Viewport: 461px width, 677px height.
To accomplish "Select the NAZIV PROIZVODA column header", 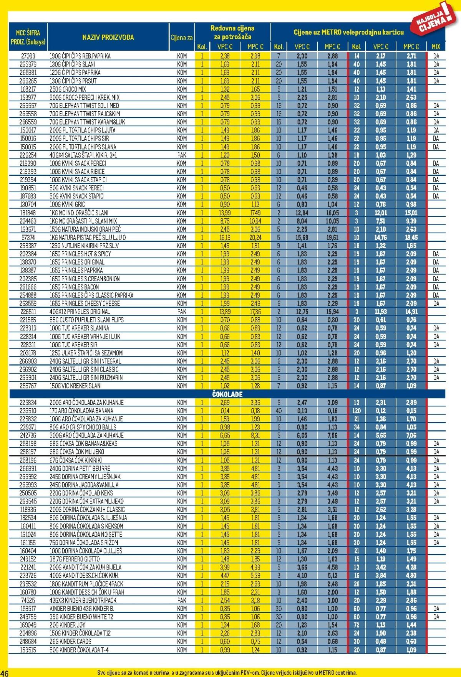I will click(108, 37).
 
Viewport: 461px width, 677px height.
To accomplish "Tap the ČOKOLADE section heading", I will click(227, 394).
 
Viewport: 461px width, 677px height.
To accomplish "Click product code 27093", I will click(28, 56).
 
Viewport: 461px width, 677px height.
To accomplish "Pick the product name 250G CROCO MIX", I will click(68, 89).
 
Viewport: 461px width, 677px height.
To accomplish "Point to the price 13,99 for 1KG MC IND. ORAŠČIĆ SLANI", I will click(225, 213).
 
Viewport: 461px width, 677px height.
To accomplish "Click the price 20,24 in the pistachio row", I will click(255, 238).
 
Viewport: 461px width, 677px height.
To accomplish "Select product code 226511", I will click(28, 312).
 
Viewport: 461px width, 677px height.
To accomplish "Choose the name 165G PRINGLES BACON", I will click(74, 287).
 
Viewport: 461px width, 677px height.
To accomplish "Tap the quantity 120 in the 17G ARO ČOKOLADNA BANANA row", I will click(356, 411).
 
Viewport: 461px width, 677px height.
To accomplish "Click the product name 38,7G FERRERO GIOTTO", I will click(75, 559).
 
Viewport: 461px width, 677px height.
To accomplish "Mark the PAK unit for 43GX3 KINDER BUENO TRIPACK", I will click(182, 600).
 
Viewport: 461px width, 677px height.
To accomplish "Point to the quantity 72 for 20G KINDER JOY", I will click(357, 625).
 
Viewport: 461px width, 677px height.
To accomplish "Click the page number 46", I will click(5, 672).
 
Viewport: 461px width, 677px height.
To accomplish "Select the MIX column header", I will click(436, 47).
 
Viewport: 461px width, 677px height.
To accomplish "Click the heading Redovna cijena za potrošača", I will click(232, 32).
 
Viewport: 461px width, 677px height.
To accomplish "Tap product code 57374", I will click(28, 238).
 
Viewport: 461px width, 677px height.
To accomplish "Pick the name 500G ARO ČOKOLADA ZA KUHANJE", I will click(86, 435).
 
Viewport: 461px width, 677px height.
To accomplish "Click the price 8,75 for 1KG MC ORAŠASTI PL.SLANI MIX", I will click(225, 221).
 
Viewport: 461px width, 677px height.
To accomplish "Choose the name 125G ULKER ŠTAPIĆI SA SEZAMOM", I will click(86, 353).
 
